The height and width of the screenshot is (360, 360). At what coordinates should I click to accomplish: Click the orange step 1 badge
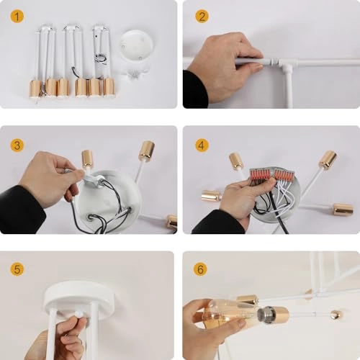17,16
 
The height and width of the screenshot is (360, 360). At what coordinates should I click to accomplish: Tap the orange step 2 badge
202,16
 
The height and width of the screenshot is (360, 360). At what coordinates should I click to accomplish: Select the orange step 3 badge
17,145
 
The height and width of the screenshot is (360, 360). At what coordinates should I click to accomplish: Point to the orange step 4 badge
202,145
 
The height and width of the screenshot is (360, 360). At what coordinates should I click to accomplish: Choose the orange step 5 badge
17,269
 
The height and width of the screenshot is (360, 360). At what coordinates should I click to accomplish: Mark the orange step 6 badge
202,269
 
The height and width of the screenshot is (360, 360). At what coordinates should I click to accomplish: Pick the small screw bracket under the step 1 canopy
134,72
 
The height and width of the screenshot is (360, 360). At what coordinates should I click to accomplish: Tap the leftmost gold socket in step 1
35,88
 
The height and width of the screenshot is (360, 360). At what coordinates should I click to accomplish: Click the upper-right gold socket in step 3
146,150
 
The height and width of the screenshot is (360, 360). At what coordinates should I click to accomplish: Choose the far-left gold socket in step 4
210,195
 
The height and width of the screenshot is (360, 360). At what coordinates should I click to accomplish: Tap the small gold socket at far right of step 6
336,315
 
